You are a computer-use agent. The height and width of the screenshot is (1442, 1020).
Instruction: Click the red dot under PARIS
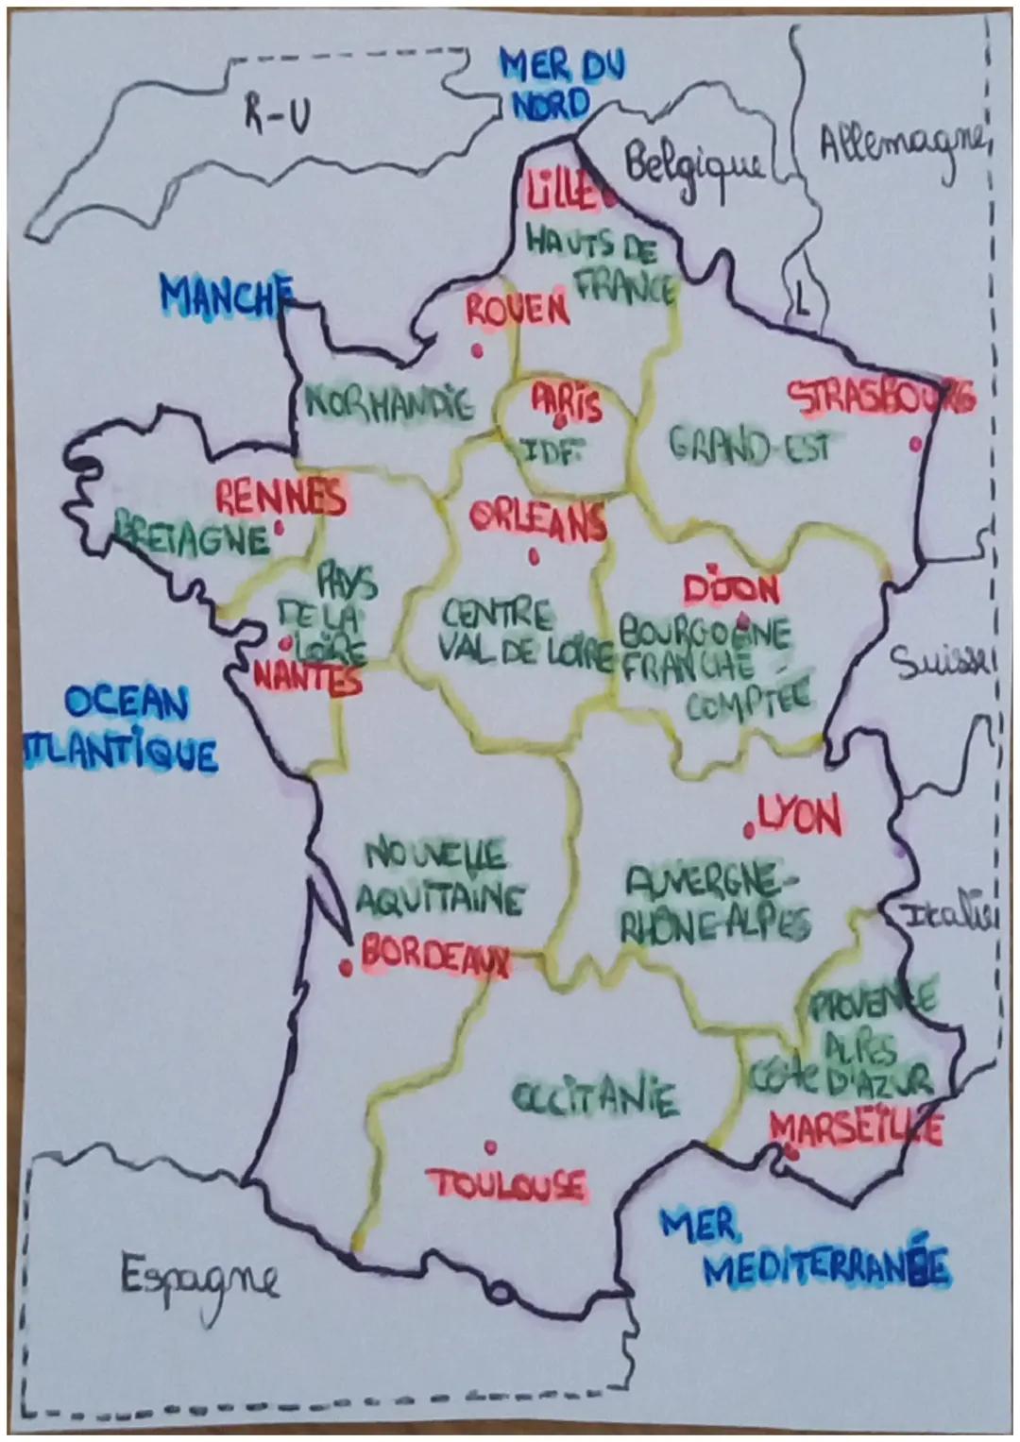click(561, 421)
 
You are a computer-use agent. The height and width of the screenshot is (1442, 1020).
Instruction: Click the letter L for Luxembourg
click(801, 303)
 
